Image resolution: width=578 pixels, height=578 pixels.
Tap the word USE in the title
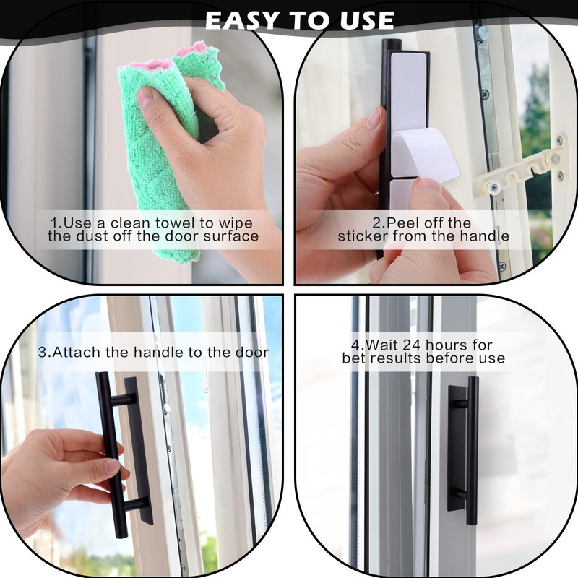click(x=361, y=20)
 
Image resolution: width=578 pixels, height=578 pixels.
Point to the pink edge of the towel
click(x=189, y=51)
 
